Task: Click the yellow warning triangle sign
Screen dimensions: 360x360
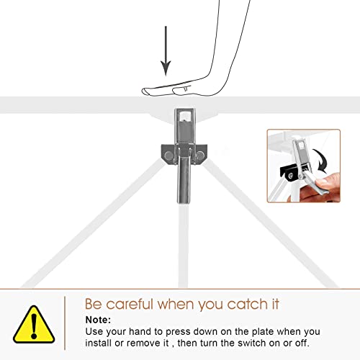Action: point(34,325)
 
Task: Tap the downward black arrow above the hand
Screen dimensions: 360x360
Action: point(166,51)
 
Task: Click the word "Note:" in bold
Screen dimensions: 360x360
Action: point(98,320)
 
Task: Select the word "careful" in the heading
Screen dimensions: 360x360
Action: point(130,304)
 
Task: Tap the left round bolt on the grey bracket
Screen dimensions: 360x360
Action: point(168,156)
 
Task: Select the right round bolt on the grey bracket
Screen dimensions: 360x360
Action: point(199,156)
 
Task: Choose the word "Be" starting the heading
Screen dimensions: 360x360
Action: point(94,304)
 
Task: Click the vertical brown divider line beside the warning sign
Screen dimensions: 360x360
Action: point(65,323)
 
